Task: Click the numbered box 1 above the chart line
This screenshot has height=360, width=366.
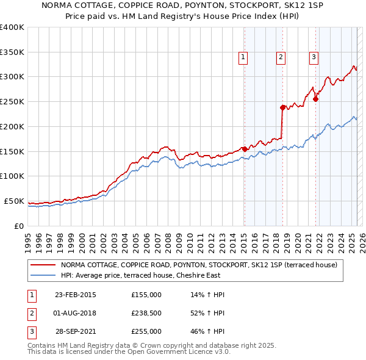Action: click(x=243, y=58)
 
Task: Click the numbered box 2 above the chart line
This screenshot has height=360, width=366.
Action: click(x=281, y=58)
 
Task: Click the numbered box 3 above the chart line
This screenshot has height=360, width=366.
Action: click(x=314, y=58)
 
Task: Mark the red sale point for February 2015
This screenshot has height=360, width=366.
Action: click(x=244, y=148)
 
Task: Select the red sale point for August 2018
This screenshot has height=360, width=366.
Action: click(x=282, y=107)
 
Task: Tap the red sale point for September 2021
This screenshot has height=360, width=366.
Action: click(x=316, y=99)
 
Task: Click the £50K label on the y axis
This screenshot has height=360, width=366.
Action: click(x=15, y=201)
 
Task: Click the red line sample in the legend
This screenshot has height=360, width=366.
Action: click(x=43, y=265)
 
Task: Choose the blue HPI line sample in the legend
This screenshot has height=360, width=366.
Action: click(x=43, y=275)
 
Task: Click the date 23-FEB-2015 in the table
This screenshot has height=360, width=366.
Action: click(x=76, y=295)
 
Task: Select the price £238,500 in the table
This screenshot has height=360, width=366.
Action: click(x=146, y=313)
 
